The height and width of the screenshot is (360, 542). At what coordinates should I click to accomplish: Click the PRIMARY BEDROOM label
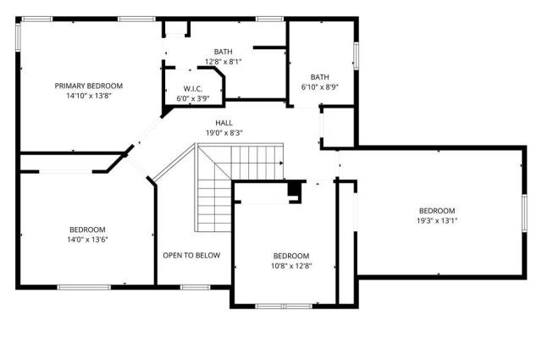click(88, 86)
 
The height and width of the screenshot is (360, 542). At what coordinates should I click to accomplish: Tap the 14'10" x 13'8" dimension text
click(89, 96)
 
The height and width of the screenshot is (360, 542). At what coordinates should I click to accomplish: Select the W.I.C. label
click(193, 89)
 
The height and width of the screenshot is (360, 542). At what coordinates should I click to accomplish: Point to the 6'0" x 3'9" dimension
click(193, 98)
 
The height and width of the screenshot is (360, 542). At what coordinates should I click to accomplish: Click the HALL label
click(224, 123)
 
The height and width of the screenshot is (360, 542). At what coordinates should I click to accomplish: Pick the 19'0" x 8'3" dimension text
click(224, 133)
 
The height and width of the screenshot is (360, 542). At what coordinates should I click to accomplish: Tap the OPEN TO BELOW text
click(191, 255)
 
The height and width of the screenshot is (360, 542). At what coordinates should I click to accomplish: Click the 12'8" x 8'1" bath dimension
click(223, 62)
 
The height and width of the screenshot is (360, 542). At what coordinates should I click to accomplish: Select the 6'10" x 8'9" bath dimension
click(320, 87)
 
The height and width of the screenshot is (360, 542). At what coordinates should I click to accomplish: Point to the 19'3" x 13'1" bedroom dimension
click(437, 220)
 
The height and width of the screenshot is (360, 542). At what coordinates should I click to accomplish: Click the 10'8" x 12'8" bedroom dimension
click(291, 266)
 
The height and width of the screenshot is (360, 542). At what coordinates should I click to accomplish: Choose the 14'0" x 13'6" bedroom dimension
click(87, 240)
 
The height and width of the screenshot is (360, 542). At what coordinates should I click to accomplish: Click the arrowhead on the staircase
click(281, 163)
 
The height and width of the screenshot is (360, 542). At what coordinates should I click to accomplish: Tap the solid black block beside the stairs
click(294, 189)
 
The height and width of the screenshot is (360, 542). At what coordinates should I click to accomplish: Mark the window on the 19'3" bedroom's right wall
click(524, 213)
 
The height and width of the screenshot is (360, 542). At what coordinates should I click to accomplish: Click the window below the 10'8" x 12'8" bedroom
click(284, 306)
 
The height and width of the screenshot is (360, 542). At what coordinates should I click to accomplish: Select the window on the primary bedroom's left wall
click(18, 37)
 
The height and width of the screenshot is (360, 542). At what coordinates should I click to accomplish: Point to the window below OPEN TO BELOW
click(196, 287)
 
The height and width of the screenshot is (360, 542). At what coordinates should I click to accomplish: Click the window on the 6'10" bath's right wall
click(356, 55)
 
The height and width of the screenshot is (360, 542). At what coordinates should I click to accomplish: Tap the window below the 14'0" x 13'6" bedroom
click(84, 287)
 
